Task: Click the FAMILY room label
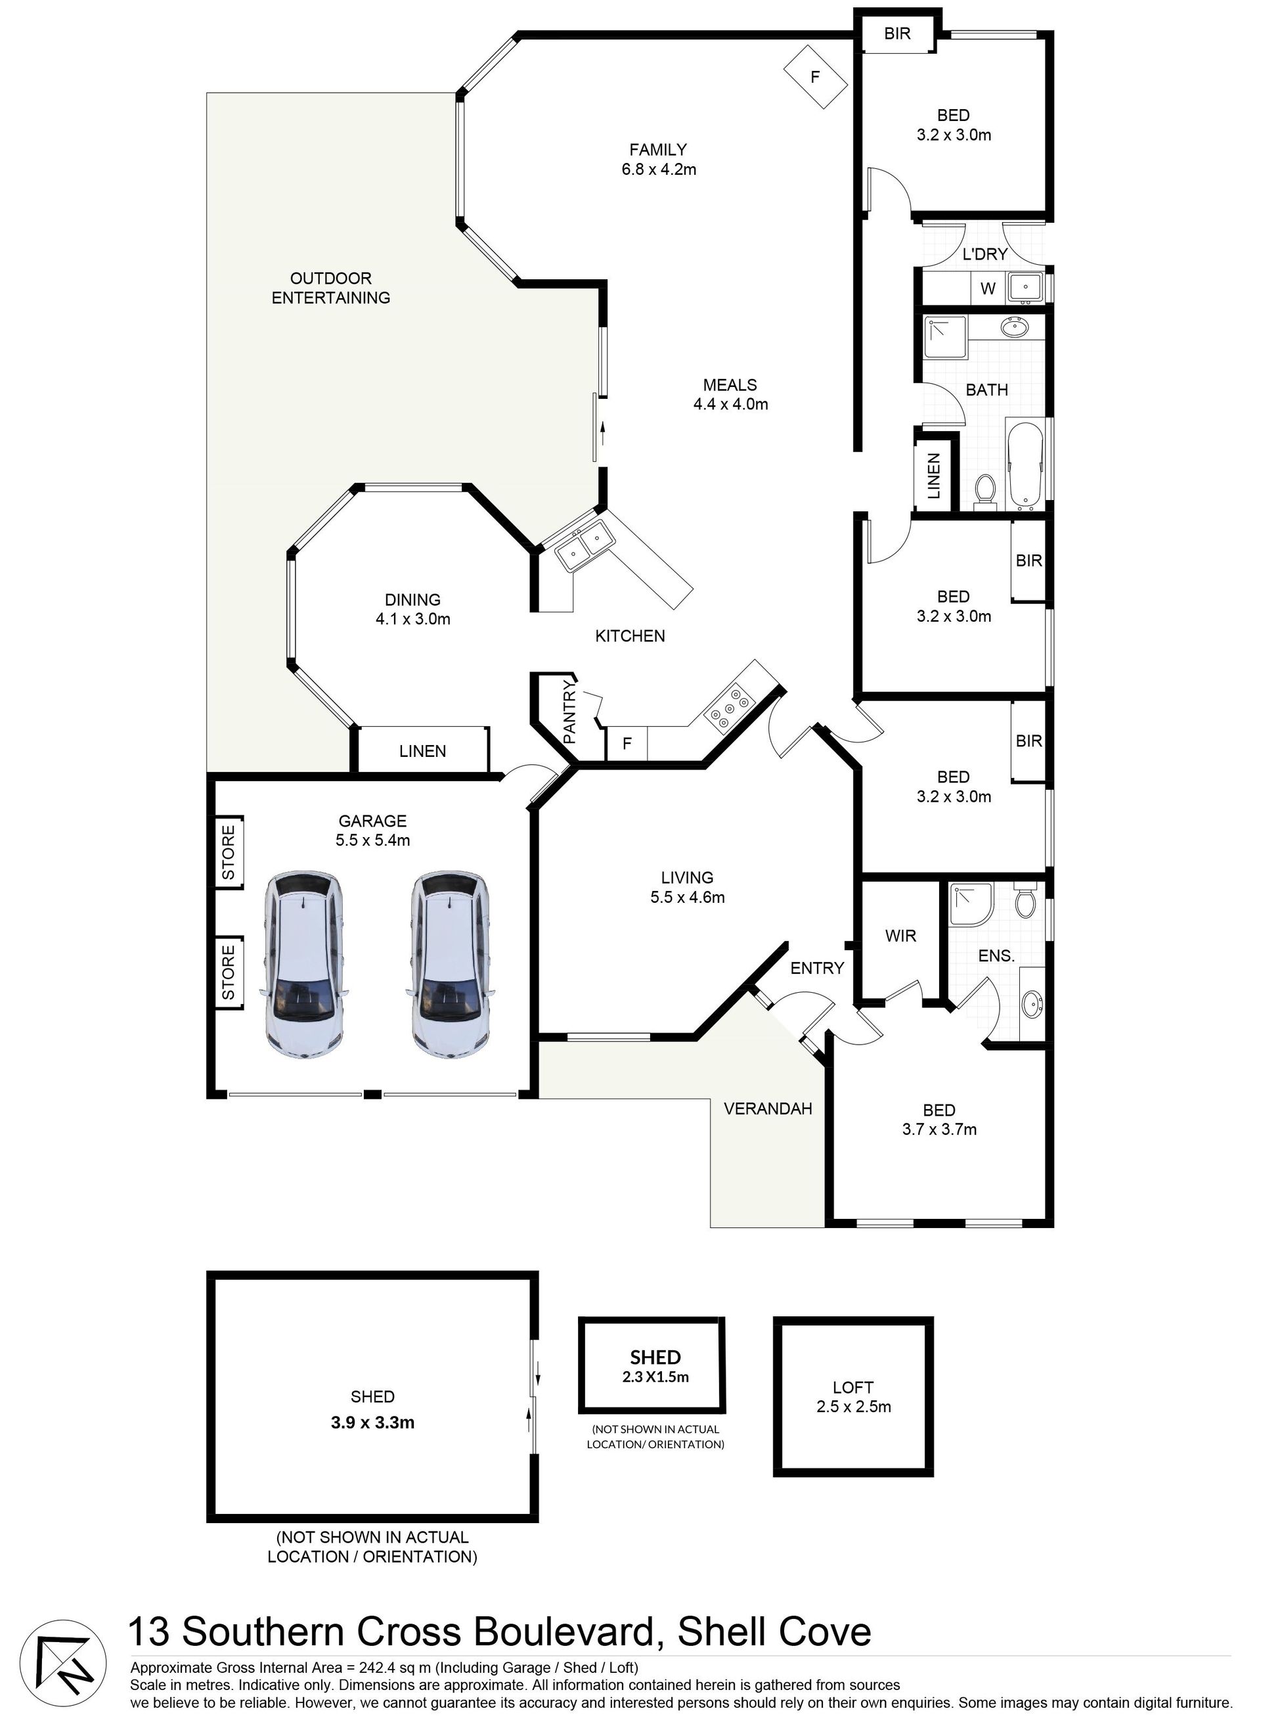click(x=658, y=150)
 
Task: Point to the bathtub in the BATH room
click(x=1025, y=466)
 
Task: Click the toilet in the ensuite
click(x=1025, y=903)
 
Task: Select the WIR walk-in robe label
click(x=900, y=936)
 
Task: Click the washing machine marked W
click(x=988, y=289)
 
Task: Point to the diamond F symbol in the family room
click(x=816, y=76)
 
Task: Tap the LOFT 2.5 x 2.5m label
click(x=854, y=1397)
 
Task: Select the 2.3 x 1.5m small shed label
click(x=655, y=1377)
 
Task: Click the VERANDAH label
click(x=768, y=1108)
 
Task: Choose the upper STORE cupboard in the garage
click(x=229, y=852)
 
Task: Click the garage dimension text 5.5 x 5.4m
click(x=373, y=840)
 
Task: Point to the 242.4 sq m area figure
click(x=397, y=1668)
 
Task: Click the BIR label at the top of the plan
click(x=897, y=34)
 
